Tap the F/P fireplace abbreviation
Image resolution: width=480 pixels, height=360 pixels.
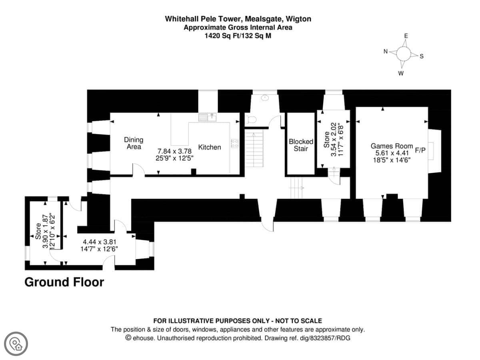click(x=420, y=150)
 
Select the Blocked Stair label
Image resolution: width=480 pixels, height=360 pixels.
click(x=301, y=145)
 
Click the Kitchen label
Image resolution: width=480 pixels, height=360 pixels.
click(x=210, y=147)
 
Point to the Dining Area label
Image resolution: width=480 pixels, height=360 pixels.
click(x=133, y=143)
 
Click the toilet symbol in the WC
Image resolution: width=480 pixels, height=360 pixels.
click(x=251, y=119)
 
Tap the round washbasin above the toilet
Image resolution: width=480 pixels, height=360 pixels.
click(x=264, y=98)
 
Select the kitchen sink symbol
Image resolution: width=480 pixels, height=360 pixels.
click(x=207, y=117)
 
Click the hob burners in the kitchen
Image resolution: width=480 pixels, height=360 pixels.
click(x=235, y=143)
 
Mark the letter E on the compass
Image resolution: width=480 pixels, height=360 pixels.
click(x=406, y=36)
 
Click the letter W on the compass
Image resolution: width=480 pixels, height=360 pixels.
click(x=401, y=73)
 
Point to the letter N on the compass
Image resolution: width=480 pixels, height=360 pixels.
click(x=386, y=51)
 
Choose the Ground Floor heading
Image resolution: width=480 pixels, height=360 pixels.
click(x=64, y=282)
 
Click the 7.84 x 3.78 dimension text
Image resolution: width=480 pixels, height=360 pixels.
click(x=174, y=151)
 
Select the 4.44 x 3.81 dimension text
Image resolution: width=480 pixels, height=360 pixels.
click(x=100, y=242)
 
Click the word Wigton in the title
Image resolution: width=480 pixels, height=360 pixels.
click(x=296, y=19)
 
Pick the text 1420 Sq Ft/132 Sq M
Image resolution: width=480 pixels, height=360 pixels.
click(x=238, y=35)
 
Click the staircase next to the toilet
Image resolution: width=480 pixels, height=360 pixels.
click(x=255, y=146)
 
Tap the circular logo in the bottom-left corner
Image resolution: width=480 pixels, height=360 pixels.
click(x=17, y=343)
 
